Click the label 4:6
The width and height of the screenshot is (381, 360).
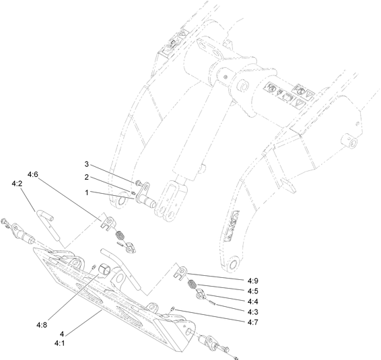pos(33,174)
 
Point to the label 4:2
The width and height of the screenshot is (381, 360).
pos(18,183)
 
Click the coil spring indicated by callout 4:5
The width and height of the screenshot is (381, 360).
pos(191,283)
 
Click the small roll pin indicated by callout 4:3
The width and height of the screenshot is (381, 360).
pos(213,302)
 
